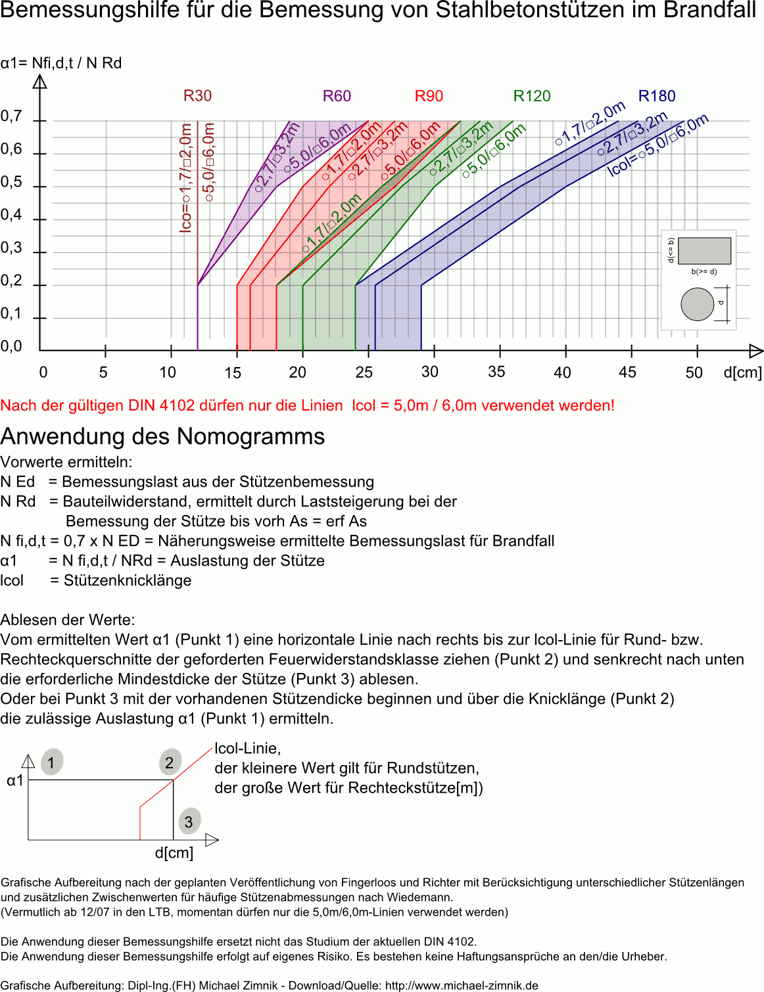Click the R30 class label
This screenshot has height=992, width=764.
pos(197,96)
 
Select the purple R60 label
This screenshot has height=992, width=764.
pos(337,96)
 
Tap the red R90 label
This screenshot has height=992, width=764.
pos(429,96)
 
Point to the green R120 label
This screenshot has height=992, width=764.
pos(532,96)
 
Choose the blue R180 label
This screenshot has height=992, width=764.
pos(657,96)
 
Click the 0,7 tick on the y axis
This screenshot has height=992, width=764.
pos(11,116)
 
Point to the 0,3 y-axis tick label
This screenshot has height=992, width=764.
pos(11,248)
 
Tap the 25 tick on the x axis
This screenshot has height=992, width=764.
pos(364,372)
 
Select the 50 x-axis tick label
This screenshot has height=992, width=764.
pos(694,373)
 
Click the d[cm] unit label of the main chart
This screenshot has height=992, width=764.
pos(742,372)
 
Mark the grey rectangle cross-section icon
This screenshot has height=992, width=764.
pos(704,251)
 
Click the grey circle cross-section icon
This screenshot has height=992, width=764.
pos(698,305)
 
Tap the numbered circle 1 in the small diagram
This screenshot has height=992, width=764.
pos(51,762)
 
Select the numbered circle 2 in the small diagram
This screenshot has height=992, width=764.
pos(170,762)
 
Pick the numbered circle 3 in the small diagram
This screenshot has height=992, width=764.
pos(189,822)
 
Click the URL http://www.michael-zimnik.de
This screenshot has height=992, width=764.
pos(462,985)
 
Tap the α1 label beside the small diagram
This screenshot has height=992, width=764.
pos(15,781)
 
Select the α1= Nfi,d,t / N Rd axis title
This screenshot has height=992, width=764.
pos(61,63)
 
